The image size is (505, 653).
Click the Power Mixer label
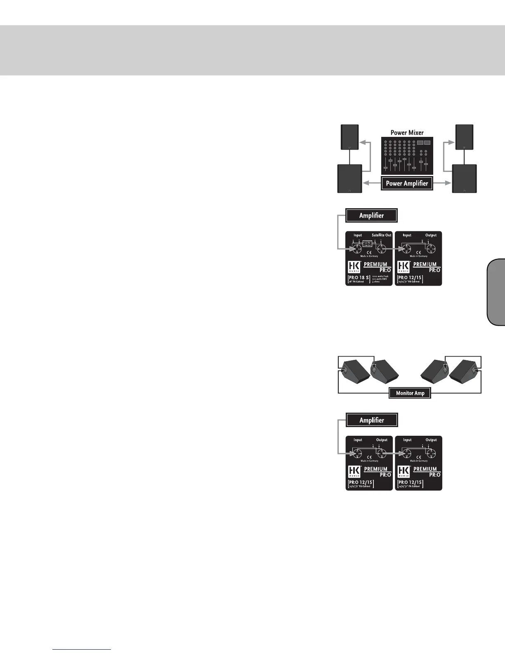point(407,133)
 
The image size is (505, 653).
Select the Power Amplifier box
point(407,183)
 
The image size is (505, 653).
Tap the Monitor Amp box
point(410,393)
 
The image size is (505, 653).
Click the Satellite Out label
point(381,235)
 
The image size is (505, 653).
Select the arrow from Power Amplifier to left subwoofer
point(371,183)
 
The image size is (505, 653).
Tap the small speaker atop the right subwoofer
point(464,137)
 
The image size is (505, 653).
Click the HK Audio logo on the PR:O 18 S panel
point(354,266)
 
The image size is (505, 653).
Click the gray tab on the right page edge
point(496,292)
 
